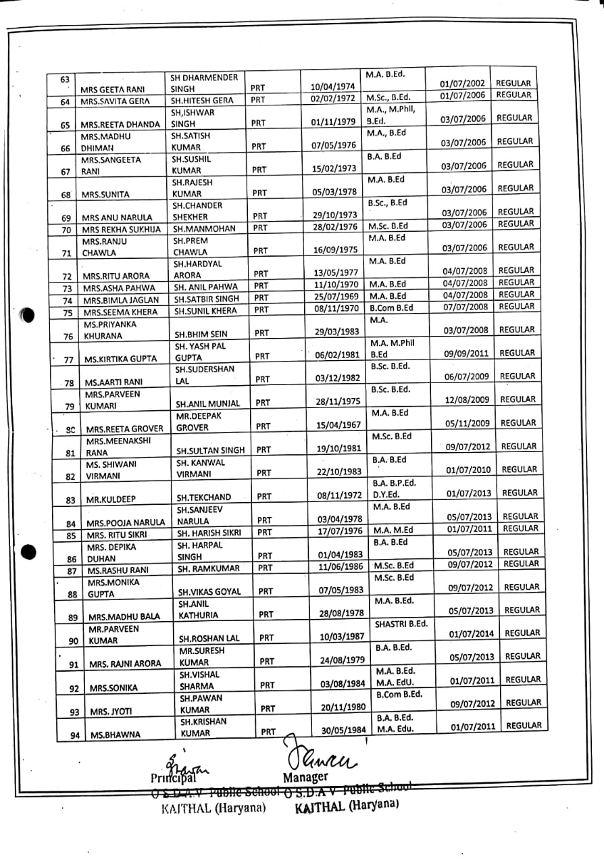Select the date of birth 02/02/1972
(332, 99)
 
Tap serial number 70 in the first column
(66, 230)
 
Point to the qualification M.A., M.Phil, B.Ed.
(391, 115)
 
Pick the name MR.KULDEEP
(111, 499)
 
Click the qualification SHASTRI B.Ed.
(401, 624)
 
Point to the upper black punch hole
(28, 315)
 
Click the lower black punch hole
(28, 552)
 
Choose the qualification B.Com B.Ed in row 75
(391, 307)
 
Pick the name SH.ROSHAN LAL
(208, 638)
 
